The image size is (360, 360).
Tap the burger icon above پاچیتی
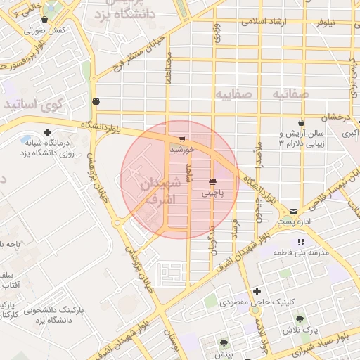click(x=212, y=181)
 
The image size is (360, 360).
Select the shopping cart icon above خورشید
click(x=183, y=139)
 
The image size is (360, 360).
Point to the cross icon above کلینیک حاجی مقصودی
click(x=257, y=291)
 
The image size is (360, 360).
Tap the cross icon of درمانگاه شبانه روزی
click(x=47, y=132)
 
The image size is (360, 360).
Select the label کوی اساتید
click(x=33, y=104)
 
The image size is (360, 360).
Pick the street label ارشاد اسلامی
click(x=261, y=22)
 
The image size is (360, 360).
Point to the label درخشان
click(x=335, y=117)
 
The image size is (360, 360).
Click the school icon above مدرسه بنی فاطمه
click(x=301, y=242)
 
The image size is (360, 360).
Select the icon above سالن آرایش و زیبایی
click(x=301, y=122)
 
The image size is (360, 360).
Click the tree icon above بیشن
click(x=224, y=344)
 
